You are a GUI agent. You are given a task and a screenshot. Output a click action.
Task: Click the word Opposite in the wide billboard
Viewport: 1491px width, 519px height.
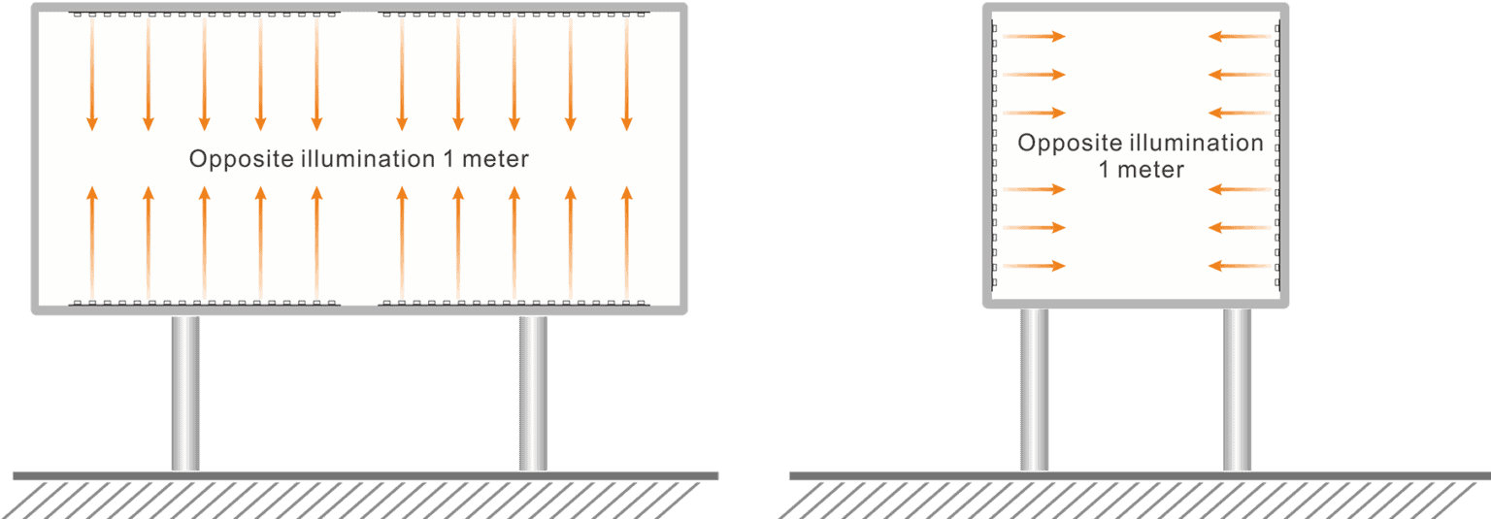pos(232,159)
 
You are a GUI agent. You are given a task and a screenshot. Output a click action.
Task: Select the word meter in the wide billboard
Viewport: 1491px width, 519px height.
pos(496,159)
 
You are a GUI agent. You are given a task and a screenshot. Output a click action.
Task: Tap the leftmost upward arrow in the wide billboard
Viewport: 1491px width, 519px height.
pos(92,243)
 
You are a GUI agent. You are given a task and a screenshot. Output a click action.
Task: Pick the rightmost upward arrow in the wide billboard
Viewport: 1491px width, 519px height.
pos(626,243)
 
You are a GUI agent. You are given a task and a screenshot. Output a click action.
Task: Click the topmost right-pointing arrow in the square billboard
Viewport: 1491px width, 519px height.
pos(1035,37)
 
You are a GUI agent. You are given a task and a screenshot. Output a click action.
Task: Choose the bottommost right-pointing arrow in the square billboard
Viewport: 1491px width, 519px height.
pos(1035,266)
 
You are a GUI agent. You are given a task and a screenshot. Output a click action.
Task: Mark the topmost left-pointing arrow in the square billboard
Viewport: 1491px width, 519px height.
pos(1239,37)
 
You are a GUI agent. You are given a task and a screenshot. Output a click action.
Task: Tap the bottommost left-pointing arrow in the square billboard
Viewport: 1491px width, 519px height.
pos(1239,266)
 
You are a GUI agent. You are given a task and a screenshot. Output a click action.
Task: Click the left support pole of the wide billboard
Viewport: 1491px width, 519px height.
pos(185,393)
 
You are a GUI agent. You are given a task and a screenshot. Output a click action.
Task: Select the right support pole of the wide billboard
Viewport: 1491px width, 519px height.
pos(532,393)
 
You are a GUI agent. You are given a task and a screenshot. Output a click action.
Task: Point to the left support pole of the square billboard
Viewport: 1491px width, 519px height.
pos(1034,388)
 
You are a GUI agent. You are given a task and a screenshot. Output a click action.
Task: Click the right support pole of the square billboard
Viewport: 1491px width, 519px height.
pos(1236,388)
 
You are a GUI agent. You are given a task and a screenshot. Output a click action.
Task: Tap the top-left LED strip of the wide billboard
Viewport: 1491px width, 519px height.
pos(204,15)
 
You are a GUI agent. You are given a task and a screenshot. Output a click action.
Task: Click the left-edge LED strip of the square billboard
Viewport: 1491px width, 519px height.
pos(994,155)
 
